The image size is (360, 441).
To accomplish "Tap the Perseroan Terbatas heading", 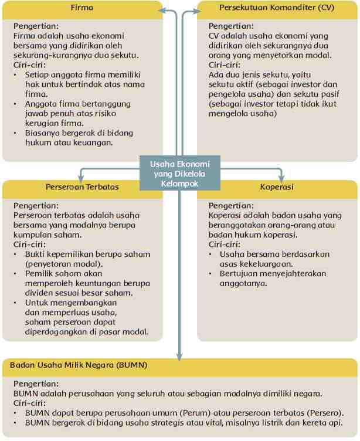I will [82, 188].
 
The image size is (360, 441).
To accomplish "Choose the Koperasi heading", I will [277, 188].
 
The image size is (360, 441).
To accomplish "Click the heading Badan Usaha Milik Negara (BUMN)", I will [79, 365].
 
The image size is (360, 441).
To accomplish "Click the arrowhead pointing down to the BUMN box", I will [181, 354].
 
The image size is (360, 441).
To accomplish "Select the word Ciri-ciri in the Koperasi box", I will [225, 245].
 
